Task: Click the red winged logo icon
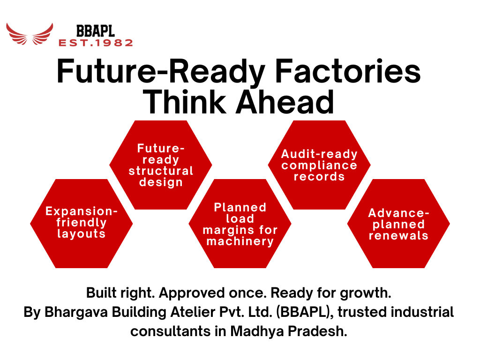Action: pyautogui.click(x=29, y=34)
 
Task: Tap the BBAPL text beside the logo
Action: pyautogui.click(x=95, y=31)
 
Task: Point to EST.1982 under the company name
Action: pyautogui.click(x=96, y=43)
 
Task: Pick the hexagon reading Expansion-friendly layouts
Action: pyautogui.click(x=82, y=223)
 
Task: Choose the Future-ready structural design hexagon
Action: pyautogui.click(x=161, y=165)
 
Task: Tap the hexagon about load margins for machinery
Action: pyautogui.click(x=240, y=224)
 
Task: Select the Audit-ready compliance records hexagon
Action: pyautogui.click(x=319, y=165)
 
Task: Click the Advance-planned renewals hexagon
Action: pyautogui.click(x=398, y=224)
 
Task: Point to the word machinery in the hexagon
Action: pyautogui.click(x=240, y=242)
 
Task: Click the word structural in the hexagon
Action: pyautogui.click(x=161, y=171)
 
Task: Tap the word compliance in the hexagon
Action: pyautogui.click(x=319, y=165)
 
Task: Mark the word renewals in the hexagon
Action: pyautogui.click(x=398, y=236)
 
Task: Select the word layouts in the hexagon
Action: pyautogui.click(x=82, y=234)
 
